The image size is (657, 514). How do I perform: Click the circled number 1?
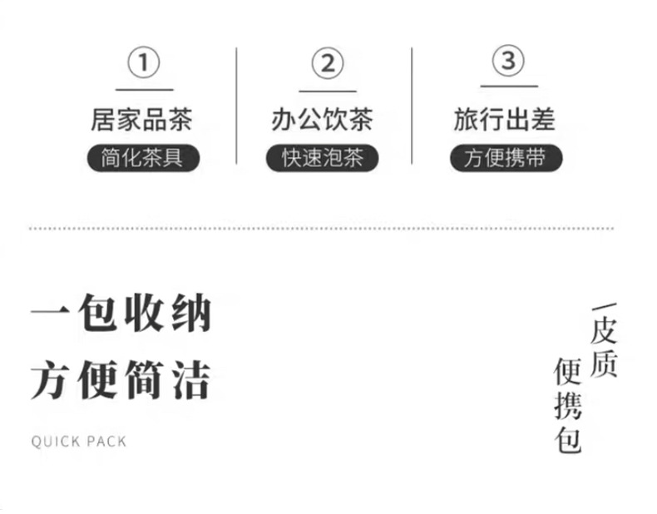coord(144,62)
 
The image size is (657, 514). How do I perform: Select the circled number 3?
coord(508,61)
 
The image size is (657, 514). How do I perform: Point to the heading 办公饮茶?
coord(322,119)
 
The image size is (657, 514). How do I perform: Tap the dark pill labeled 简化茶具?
coord(143,158)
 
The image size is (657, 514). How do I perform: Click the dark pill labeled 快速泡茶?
coord(323,158)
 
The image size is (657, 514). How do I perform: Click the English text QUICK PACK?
coord(79,441)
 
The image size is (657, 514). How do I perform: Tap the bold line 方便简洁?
coord(121,381)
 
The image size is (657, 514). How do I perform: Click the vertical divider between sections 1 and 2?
coord(236,105)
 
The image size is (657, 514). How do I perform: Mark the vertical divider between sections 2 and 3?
coord(412,105)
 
